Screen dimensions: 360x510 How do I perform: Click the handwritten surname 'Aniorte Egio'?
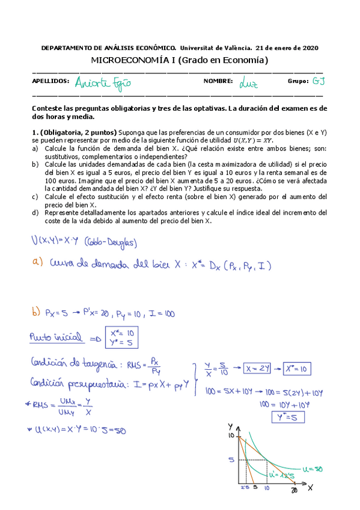(103, 82)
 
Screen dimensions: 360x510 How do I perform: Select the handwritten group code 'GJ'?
(319, 81)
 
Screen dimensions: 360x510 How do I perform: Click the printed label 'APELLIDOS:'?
(50, 81)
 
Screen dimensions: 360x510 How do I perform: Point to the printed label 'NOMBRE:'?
(217, 81)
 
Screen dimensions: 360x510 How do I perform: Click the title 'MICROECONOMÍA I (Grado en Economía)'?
(179, 60)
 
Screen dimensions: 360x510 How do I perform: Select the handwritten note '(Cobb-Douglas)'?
(117, 242)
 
